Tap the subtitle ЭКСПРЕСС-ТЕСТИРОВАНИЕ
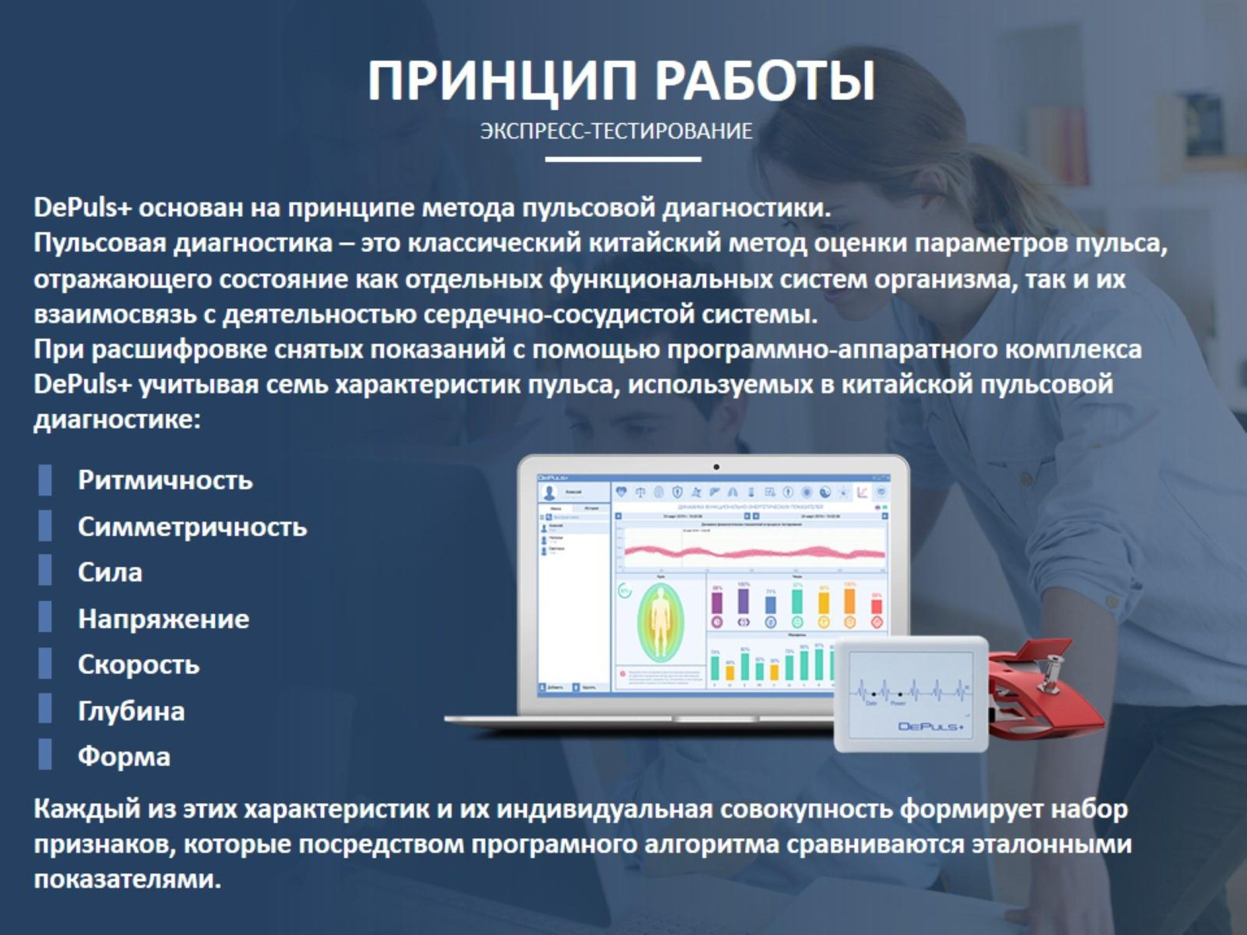(x=616, y=131)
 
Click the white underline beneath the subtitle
(x=623, y=159)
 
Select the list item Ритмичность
(x=165, y=480)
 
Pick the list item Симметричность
(x=192, y=527)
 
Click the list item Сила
(x=110, y=572)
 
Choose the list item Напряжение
(x=163, y=619)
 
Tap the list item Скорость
(x=138, y=664)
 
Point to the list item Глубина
(x=131, y=711)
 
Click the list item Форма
(x=123, y=757)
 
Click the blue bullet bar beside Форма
(x=45, y=755)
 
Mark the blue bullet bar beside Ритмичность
(x=45, y=479)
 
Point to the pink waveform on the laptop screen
(x=754, y=552)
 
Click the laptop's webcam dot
(x=716, y=467)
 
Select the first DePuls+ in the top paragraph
(x=82, y=208)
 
